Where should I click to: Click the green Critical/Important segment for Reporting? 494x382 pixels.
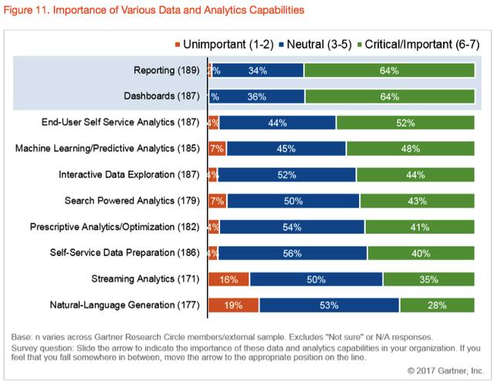[389, 71]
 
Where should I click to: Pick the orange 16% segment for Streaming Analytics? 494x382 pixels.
[228, 279]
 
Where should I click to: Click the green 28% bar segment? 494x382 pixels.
[437, 306]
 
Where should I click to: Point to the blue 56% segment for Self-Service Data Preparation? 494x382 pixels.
[290, 253]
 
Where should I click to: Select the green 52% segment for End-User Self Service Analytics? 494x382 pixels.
[405, 123]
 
